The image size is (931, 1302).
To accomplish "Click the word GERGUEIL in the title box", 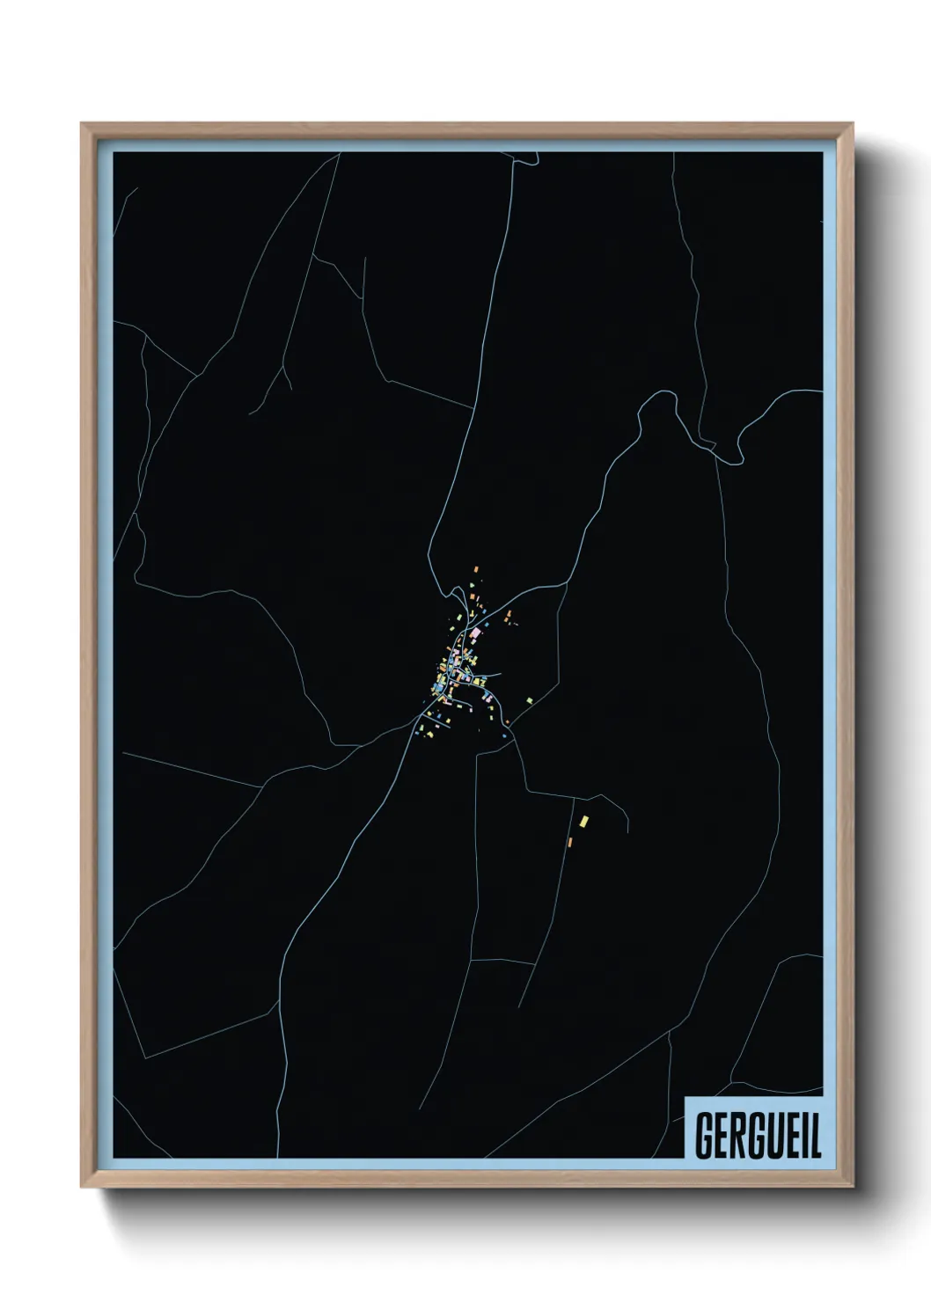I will click(759, 1137).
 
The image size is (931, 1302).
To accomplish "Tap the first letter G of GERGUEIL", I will click(704, 1137).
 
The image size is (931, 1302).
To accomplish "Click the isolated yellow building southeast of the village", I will click(583, 822).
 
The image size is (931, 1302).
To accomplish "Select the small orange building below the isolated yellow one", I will click(570, 842).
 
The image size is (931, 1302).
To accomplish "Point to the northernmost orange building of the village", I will click(476, 569).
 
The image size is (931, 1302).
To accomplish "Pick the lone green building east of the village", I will click(530, 700).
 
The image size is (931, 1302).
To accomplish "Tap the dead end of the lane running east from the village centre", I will click(501, 675).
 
